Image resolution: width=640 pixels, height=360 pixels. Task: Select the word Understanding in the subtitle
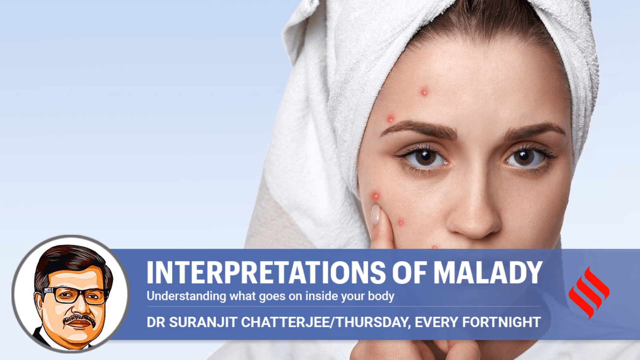tap(186, 296)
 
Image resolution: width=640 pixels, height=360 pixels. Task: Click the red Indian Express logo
tap(589, 293)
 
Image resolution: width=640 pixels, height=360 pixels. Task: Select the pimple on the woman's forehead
tap(424, 92)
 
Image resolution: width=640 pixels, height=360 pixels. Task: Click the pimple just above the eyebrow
tap(390, 118)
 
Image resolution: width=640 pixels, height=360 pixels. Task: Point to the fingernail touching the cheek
tap(376, 215)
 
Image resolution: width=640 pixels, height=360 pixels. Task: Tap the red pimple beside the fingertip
tap(376, 196)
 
